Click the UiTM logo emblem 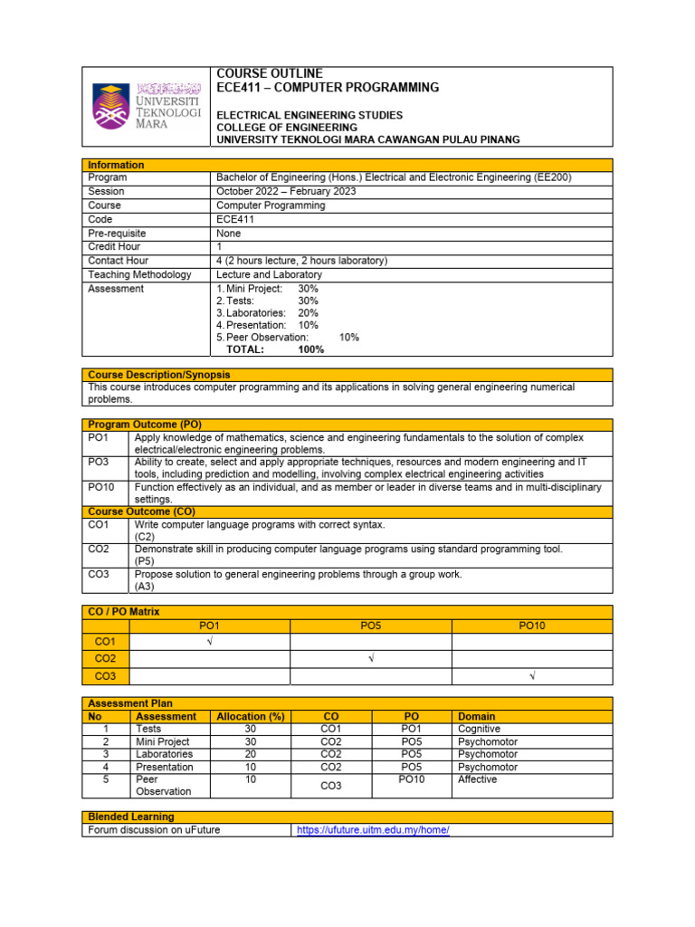tap(112, 106)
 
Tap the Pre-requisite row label tap(117, 233)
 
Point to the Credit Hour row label tap(114, 246)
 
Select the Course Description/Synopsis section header tap(158, 375)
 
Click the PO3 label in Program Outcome tap(98, 462)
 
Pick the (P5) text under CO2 tap(145, 561)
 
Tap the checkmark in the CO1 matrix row tap(209, 641)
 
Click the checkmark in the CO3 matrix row tap(531, 676)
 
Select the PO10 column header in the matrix tap(531, 626)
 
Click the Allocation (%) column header tap(250, 716)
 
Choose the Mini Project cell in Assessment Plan tap(162, 741)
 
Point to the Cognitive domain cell tap(479, 729)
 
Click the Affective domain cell tap(477, 779)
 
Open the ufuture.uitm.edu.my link tap(373, 830)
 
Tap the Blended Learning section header tap(131, 817)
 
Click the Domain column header tap(477, 716)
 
